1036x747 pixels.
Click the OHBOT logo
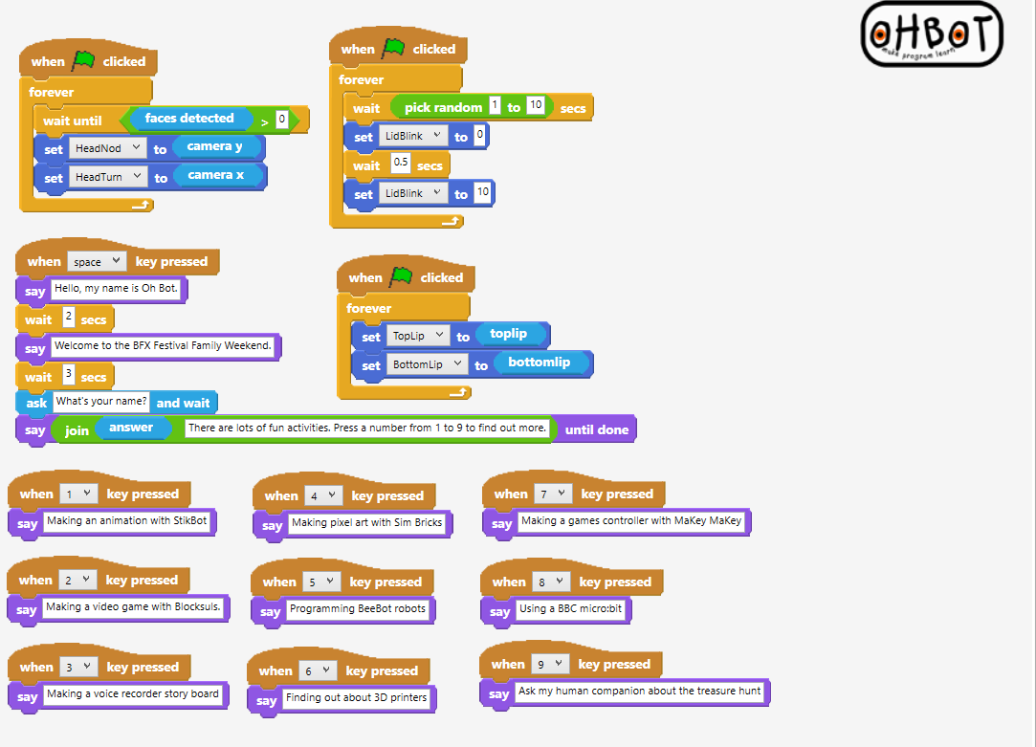click(932, 34)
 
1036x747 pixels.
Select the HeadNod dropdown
click(107, 148)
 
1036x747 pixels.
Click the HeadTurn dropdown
click(108, 177)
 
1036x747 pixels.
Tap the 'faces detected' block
click(189, 119)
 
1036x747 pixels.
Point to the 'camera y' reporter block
click(215, 146)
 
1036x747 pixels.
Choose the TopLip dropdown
click(418, 336)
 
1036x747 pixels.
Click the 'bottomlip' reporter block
click(539, 363)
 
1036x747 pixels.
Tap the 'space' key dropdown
click(97, 261)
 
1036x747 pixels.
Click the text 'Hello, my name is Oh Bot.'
click(117, 287)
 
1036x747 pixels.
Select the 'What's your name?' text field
click(101, 402)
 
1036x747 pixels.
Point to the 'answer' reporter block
click(131, 428)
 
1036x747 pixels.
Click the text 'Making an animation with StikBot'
click(125, 521)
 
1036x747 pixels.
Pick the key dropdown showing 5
click(320, 582)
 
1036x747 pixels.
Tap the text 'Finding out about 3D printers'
click(357, 698)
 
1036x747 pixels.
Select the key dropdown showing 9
click(547, 664)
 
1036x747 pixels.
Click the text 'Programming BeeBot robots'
click(358, 608)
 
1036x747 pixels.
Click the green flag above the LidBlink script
click(393, 48)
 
